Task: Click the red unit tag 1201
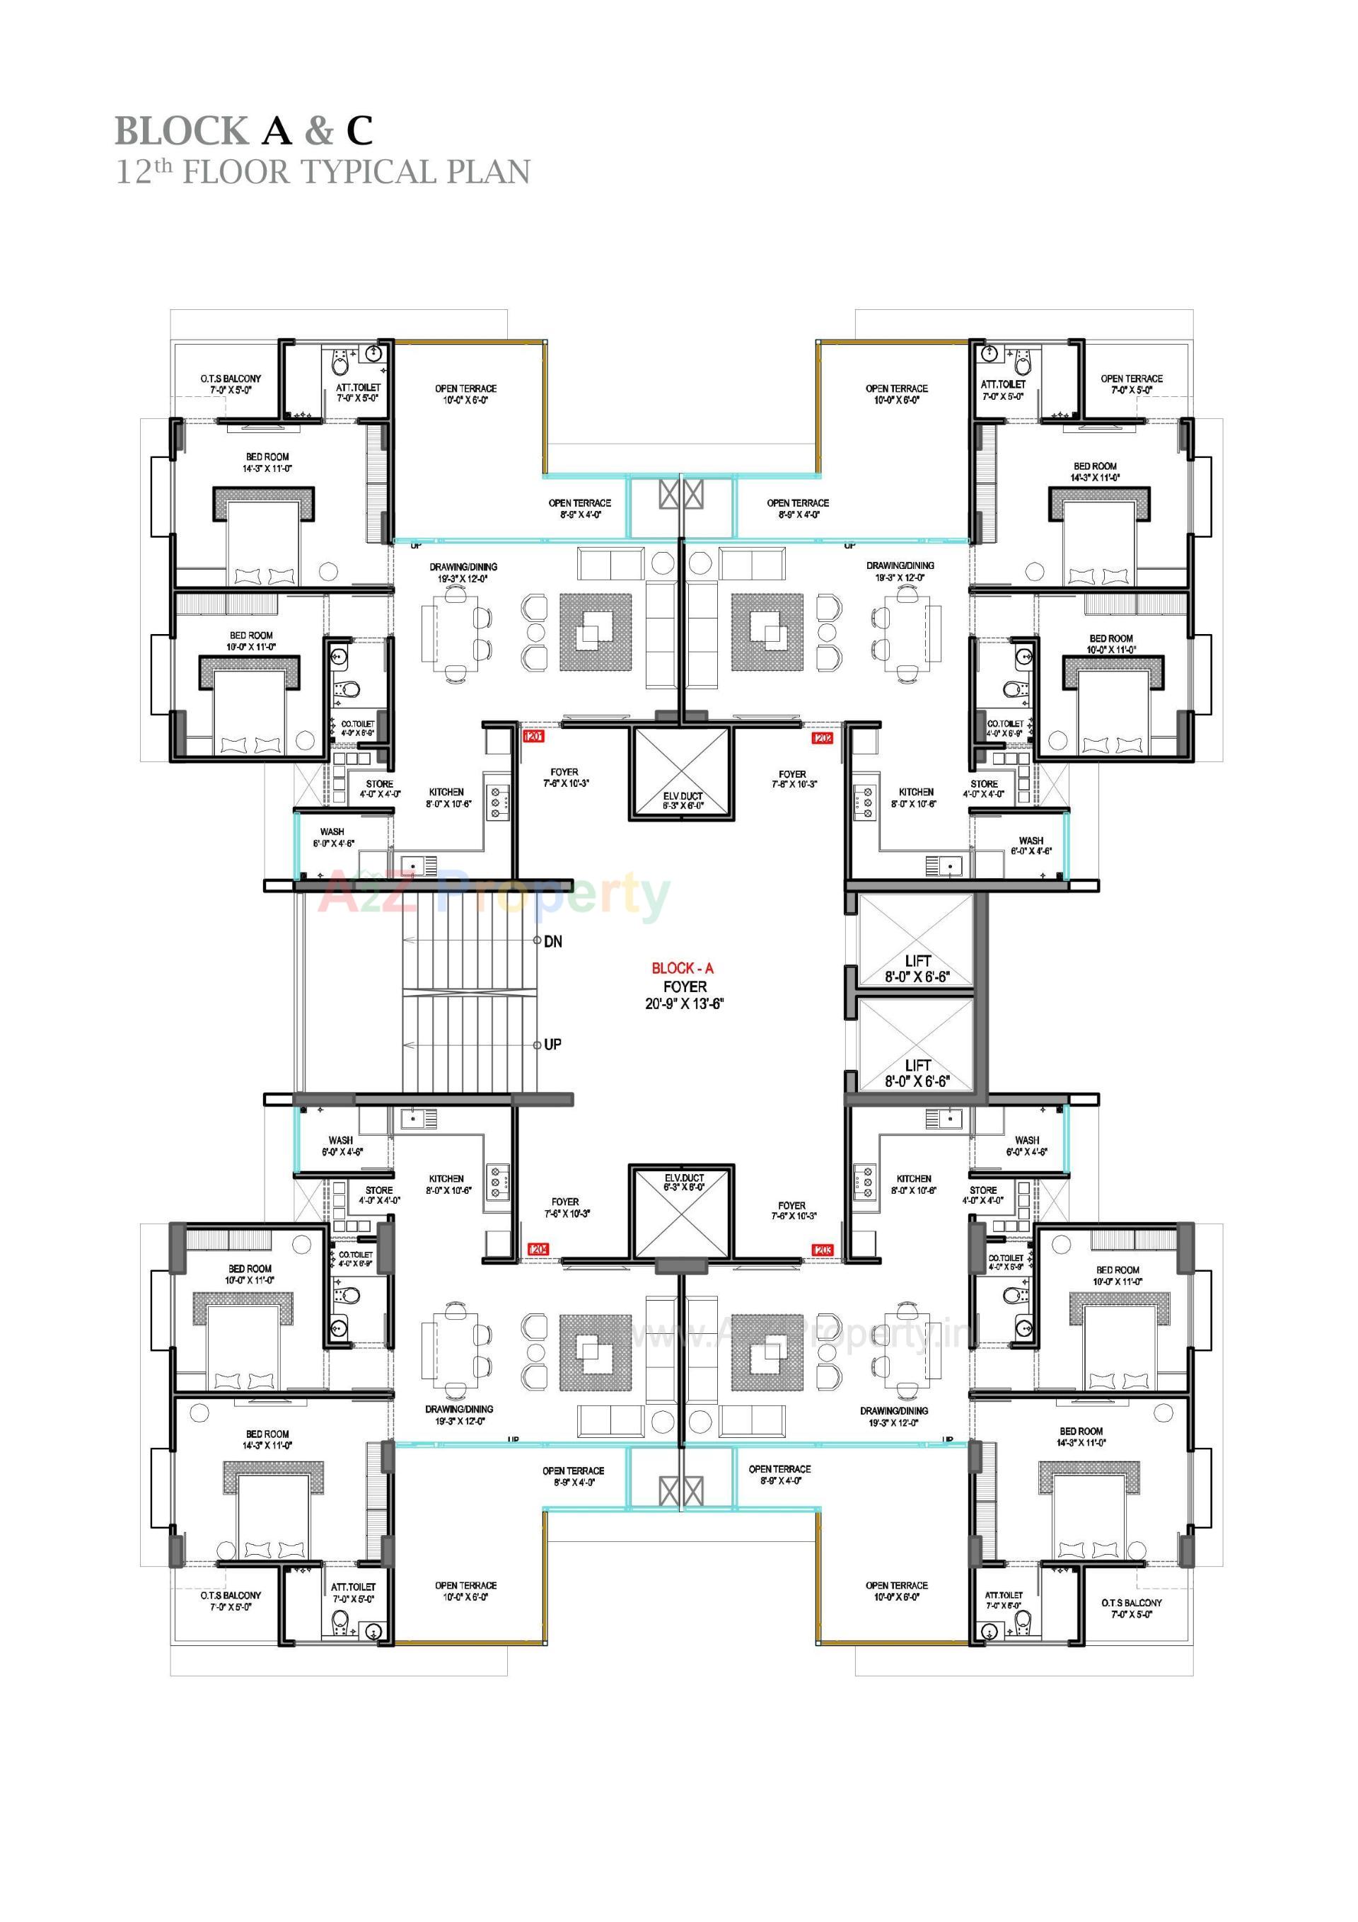click(x=534, y=737)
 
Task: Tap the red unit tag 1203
click(x=822, y=1250)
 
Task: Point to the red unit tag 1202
click(x=822, y=738)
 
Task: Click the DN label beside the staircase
click(x=553, y=942)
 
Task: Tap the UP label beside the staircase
click(x=552, y=1045)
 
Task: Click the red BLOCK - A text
click(x=683, y=969)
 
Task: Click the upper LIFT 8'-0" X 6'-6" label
click(x=917, y=969)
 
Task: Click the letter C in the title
click(x=359, y=132)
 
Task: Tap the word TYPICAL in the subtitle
click(x=369, y=173)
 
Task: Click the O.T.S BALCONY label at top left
click(x=230, y=379)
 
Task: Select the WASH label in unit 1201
click(x=332, y=832)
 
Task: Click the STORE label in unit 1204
click(x=379, y=1190)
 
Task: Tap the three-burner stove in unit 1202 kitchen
click(x=864, y=801)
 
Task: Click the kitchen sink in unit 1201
click(x=412, y=865)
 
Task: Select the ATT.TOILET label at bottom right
click(x=1003, y=1596)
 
